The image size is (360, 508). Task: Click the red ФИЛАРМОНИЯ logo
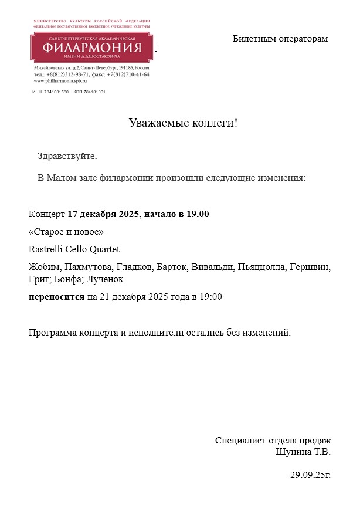click(x=90, y=47)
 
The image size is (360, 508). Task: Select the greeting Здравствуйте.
click(x=67, y=156)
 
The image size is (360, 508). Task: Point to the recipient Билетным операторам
click(x=280, y=39)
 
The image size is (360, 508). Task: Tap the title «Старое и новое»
click(x=66, y=231)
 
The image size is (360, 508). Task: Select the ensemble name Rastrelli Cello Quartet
click(x=74, y=249)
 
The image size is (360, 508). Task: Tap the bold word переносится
click(x=57, y=296)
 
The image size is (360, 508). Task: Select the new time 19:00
click(x=210, y=296)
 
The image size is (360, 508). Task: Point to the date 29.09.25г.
click(x=310, y=475)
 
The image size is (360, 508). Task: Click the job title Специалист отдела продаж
click(x=273, y=441)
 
